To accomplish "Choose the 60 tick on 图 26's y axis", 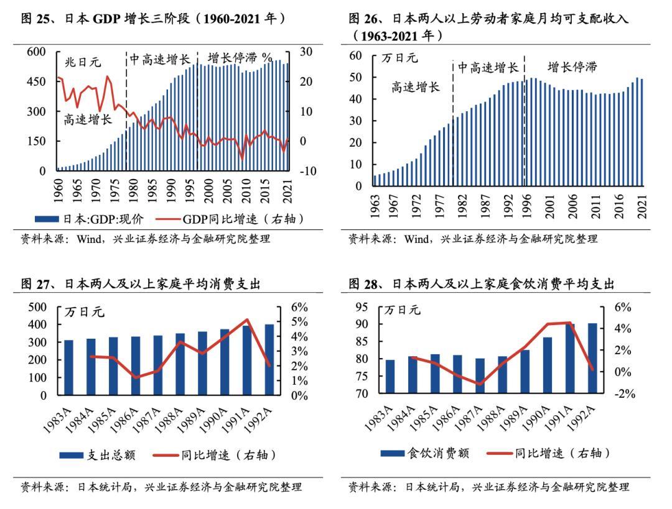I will (x=355, y=55).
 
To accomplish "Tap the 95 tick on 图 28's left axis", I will (x=363, y=307).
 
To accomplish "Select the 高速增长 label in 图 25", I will (x=88, y=119).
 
